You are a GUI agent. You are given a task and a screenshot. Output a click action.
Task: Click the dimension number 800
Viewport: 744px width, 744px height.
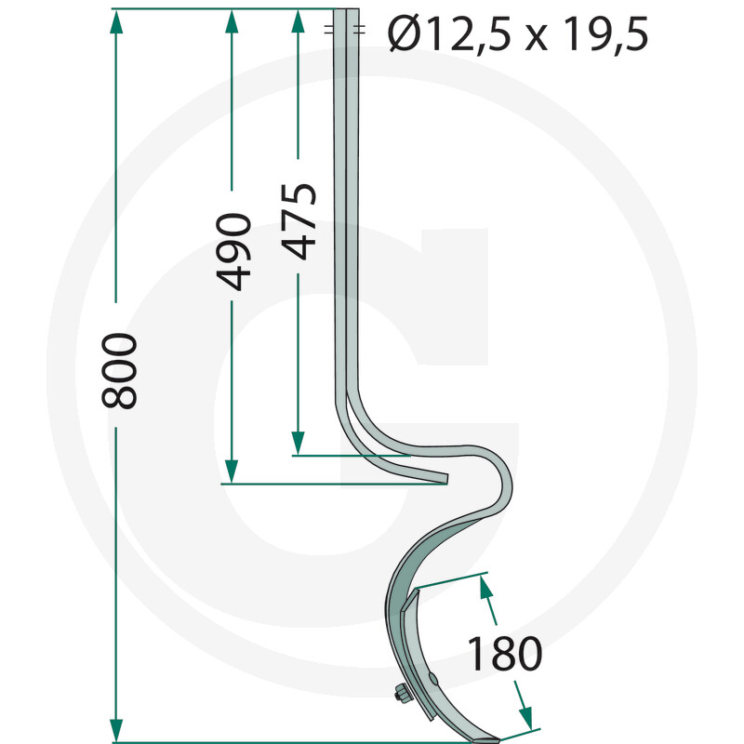click(122, 370)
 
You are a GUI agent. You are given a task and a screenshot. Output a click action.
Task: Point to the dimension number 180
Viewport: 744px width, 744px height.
click(503, 655)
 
